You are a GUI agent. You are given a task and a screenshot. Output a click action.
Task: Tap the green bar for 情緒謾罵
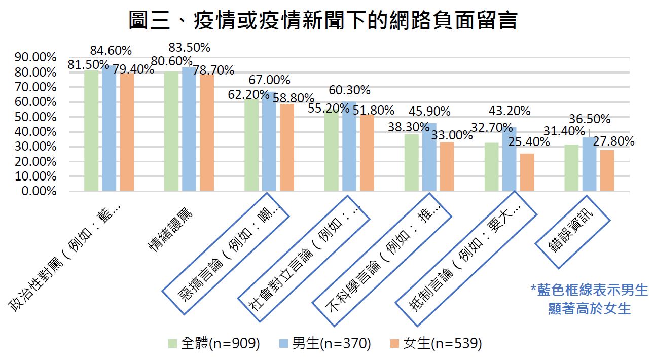[172, 131]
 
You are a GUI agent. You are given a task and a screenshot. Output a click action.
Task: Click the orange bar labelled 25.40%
[527, 172]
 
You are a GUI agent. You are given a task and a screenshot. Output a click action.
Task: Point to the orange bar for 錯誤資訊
[607, 170]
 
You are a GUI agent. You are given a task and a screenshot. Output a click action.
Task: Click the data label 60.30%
[349, 91]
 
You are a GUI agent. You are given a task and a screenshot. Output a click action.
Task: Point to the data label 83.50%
[189, 48]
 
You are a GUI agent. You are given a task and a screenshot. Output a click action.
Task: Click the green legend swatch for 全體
[173, 344]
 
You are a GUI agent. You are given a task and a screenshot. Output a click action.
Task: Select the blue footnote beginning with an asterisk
[589, 299]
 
